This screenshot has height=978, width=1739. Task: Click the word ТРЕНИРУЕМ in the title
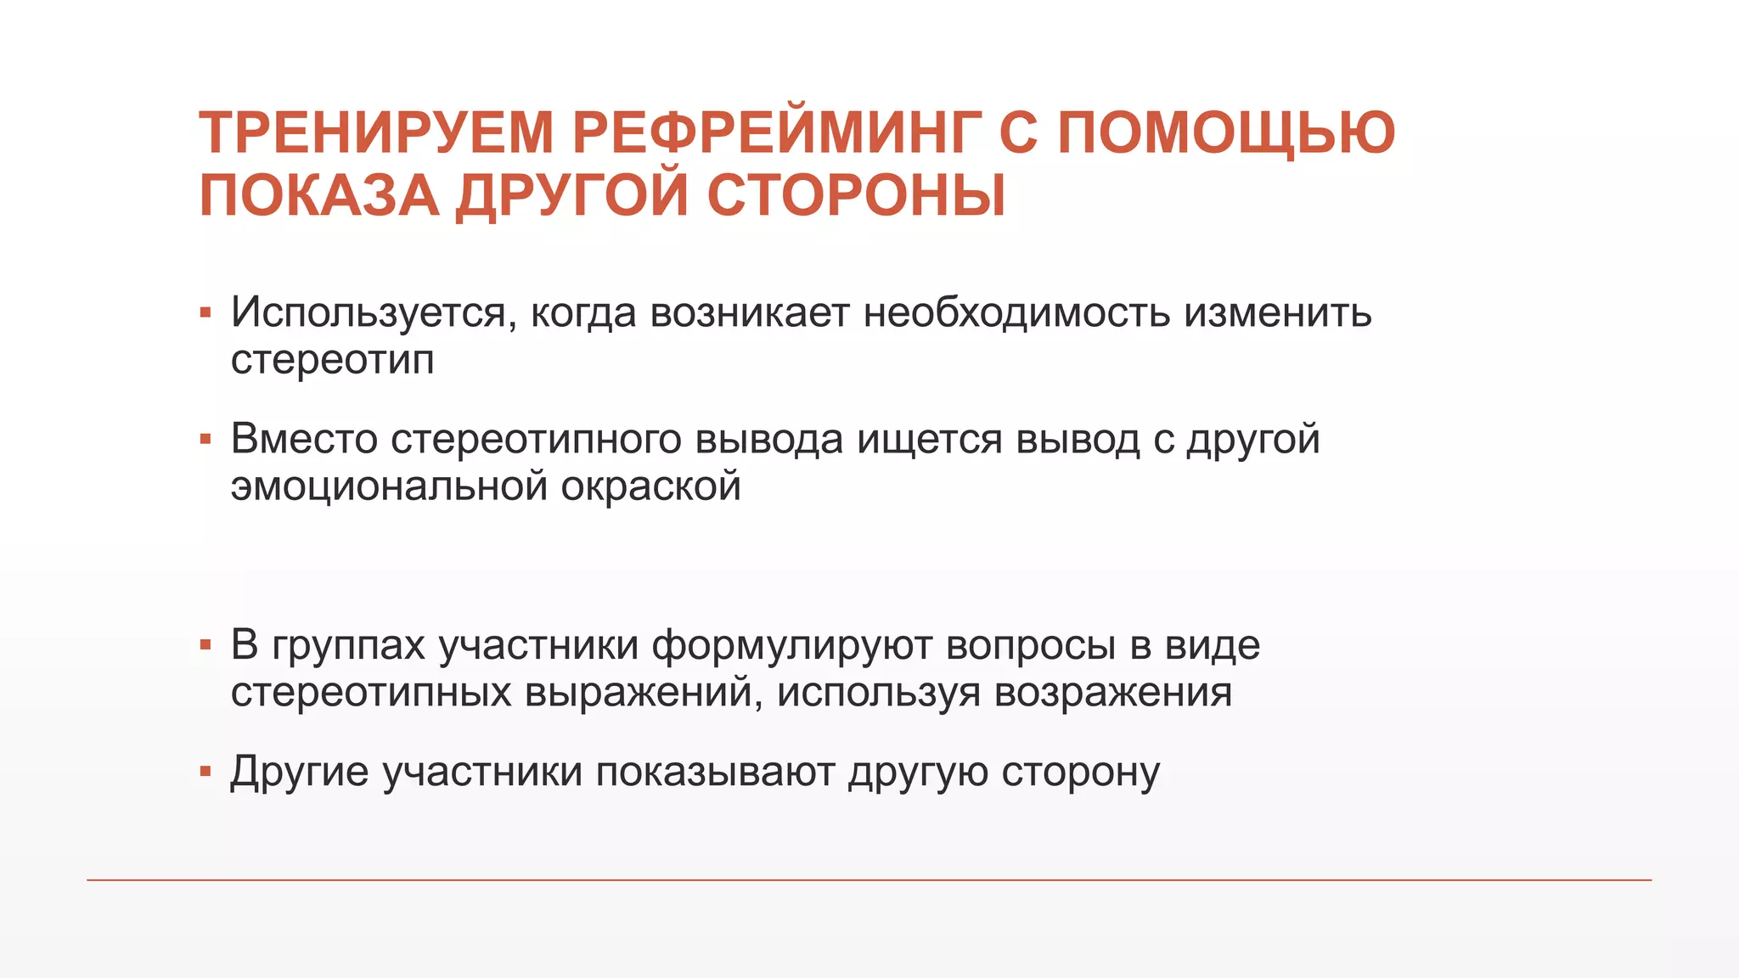coord(376,133)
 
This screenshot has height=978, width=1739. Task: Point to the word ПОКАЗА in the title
coord(319,196)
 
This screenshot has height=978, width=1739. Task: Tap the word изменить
coord(1277,312)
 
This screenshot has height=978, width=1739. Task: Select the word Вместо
coord(304,440)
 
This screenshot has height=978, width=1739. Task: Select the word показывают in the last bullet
coord(715,773)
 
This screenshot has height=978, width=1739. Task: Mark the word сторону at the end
coord(1080,773)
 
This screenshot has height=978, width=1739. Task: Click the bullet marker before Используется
coord(205,313)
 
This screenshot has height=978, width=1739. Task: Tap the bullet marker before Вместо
coord(205,440)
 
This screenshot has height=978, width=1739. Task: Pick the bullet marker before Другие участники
coord(205,772)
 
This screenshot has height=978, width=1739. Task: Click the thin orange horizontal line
coord(869,880)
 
